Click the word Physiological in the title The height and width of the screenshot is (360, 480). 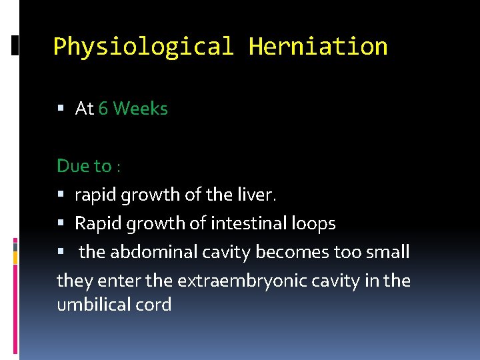[143, 47]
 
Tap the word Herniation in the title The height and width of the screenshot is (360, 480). [317, 47]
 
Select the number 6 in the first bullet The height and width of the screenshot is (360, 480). [103, 109]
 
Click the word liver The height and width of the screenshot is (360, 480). [257, 195]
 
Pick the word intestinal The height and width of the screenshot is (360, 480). [245, 223]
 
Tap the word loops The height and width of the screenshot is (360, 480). [313, 224]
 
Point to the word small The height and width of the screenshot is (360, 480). [387, 252]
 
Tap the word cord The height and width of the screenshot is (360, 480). [153, 305]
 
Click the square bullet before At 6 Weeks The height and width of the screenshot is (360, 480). [61, 109]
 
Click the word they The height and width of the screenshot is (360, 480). [70, 281]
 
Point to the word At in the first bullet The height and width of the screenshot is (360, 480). [84, 109]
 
